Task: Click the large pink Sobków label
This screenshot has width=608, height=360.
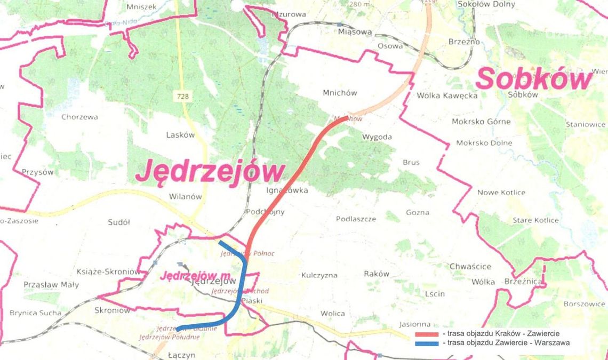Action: [x=534, y=79]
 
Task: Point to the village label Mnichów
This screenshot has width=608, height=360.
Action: [x=340, y=92]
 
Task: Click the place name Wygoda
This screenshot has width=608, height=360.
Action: [x=377, y=137]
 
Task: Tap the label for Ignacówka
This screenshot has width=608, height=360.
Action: [x=286, y=190]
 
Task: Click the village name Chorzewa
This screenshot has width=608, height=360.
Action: [x=79, y=117]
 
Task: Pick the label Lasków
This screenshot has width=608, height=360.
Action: [x=180, y=135]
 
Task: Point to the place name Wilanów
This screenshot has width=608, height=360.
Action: [x=185, y=196]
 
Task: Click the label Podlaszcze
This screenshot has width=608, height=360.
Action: [x=356, y=219]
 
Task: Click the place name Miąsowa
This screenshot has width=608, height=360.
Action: [x=355, y=32]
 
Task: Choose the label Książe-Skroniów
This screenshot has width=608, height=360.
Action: [x=108, y=271]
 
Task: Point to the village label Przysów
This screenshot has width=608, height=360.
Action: [x=38, y=172]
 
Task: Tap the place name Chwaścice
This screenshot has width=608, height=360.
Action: [x=470, y=266]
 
